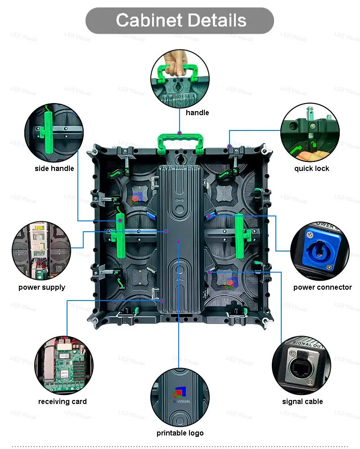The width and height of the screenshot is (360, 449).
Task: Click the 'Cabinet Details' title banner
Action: [x=180, y=21]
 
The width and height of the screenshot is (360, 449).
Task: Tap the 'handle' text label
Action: [x=197, y=112]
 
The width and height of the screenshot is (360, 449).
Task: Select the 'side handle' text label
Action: [x=54, y=168]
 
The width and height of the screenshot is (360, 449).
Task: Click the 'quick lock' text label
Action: [x=311, y=168]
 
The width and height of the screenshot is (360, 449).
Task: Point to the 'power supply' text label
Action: [x=42, y=287]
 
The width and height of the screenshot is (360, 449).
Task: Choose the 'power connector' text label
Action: [x=322, y=287]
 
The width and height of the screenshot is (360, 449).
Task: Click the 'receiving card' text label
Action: [x=63, y=401]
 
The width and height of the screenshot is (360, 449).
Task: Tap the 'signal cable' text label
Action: [x=302, y=401]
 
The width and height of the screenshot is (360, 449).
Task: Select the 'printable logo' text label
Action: [x=180, y=433]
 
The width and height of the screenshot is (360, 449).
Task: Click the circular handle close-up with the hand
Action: [x=180, y=77]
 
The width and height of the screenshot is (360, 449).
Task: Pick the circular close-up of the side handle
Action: [x=54, y=132]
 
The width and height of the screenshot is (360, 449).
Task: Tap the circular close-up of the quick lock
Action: [x=310, y=132]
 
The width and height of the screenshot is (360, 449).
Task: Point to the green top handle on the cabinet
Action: [x=179, y=140]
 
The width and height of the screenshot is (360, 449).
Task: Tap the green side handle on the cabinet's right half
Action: [x=239, y=236]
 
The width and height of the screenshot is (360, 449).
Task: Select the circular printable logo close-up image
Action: [x=180, y=396]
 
